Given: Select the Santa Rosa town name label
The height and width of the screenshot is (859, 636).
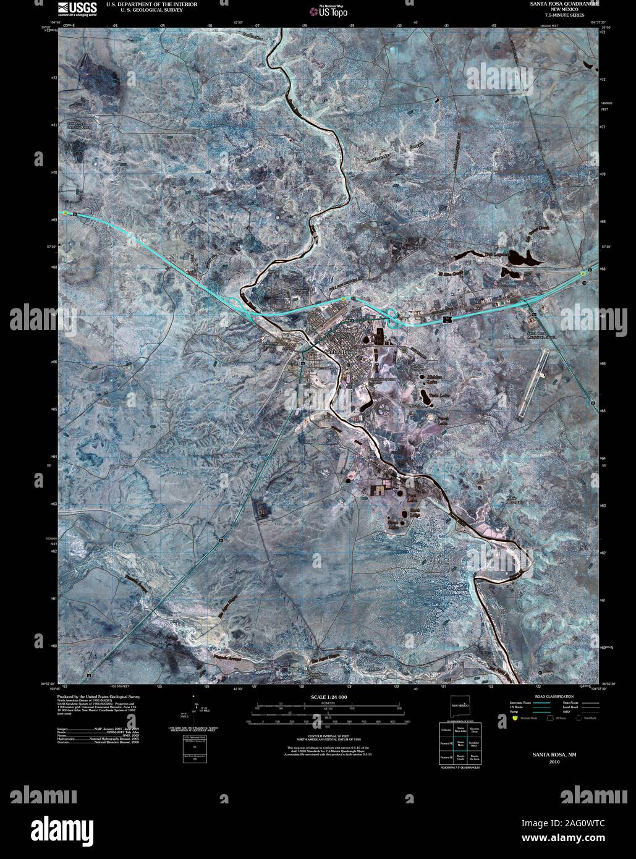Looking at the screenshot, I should coord(339,352).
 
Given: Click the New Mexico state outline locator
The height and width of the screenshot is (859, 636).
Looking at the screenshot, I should coord(460,705).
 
